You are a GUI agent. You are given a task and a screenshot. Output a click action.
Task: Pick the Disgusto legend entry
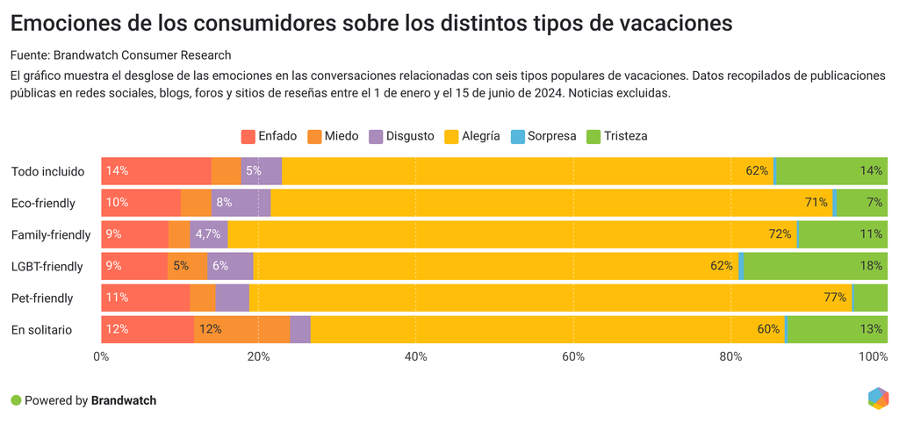tap(401, 136)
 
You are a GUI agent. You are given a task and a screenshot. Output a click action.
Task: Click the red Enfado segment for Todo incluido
tap(156, 171)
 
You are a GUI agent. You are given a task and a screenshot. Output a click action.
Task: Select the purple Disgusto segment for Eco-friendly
tap(241, 203)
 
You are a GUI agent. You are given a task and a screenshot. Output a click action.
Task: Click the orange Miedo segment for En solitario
tap(241, 329)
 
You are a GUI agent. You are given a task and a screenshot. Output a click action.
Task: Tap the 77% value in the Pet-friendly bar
tap(834, 298)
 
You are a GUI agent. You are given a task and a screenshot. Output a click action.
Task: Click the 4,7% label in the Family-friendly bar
tap(208, 234)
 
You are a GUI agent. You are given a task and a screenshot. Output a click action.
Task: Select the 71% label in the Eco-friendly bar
tap(816, 203)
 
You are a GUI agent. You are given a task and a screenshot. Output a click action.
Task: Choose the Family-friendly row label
tap(51, 234)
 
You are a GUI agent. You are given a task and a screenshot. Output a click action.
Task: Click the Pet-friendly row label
tap(42, 298)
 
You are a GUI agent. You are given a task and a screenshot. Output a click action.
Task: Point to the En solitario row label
tap(41, 329)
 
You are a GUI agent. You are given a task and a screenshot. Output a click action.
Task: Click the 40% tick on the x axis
tap(415, 356)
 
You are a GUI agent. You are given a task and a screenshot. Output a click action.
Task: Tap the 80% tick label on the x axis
tap(730, 356)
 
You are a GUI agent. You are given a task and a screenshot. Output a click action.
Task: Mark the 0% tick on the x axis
tap(101, 356)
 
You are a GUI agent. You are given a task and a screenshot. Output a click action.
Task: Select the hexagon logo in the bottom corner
tap(877, 398)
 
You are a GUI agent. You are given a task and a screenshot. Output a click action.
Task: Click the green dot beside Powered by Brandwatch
tap(16, 400)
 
